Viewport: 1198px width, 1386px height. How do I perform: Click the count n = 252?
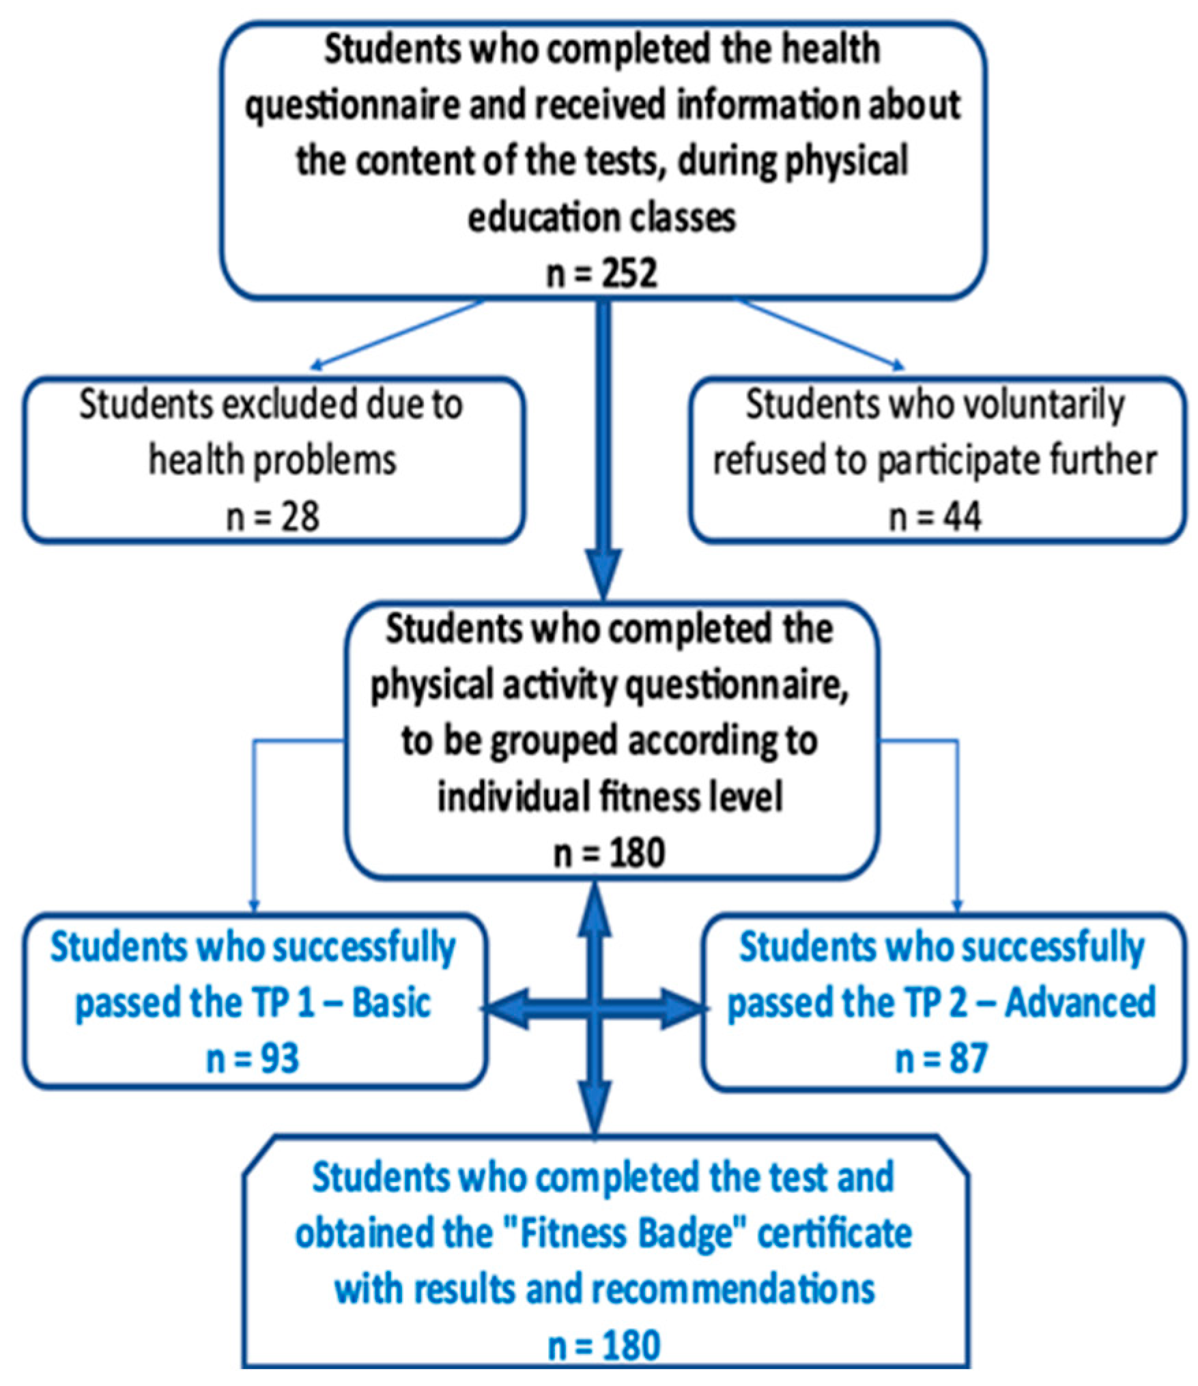click(601, 274)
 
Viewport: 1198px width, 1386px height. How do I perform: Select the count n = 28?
click(272, 517)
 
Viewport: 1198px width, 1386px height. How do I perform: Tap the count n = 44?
click(935, 517)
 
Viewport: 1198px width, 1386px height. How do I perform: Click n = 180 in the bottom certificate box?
click(604, 1345)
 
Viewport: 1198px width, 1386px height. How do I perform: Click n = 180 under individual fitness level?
click(609, 853)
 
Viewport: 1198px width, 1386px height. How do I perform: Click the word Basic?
click(391, 1003)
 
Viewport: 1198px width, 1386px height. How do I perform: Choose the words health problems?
click(272, 461)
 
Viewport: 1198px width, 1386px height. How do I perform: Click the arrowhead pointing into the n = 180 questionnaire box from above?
click(604, 577)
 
